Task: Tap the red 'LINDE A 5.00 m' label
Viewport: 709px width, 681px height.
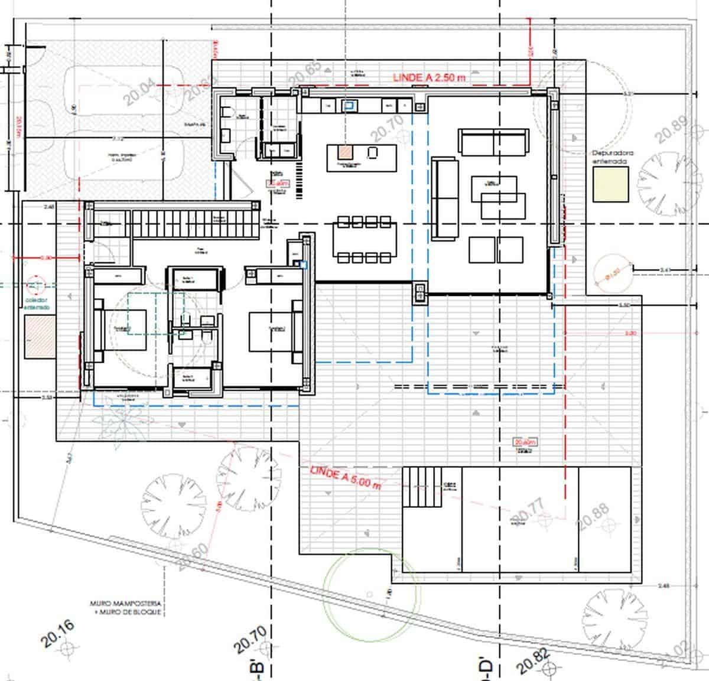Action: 346,477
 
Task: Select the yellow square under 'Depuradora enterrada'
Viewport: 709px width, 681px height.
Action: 610,183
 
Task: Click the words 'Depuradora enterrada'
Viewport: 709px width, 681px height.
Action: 613,157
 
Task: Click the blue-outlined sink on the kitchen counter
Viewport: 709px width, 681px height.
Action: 350,106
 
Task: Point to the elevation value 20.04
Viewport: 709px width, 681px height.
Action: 139,93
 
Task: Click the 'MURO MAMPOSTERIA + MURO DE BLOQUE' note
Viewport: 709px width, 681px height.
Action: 125,608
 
